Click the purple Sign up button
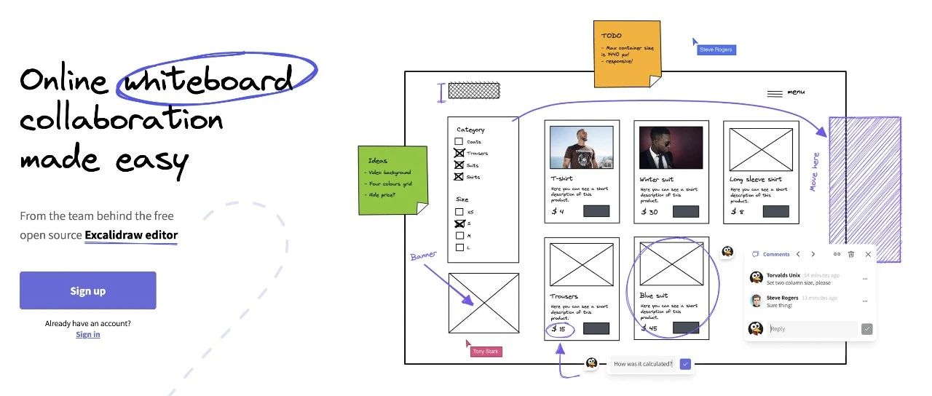pyautogui.click(x=87, y=290)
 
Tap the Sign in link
pyautogui.click(x=88, y=334)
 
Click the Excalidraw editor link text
pyautogui.click(x=131, y=235)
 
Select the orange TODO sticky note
pyautogui.click(x=626, y=54)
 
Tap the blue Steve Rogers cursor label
pyautogui.click(x=716, y=49)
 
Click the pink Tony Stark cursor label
pyautogui.click(x=486, y=352)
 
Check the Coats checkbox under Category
pyautogui.click(x=459, y=142)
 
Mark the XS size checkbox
pyautogui.click(x=459, y=212)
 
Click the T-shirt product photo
pyautogui.click(x=581, y=148)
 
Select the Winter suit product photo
pyautogui.click(x=671, y=148)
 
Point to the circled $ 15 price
pyautogui.click(x=559, y=329)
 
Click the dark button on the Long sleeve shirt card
pyautogui.click(x=775, y=211)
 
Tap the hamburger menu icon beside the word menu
pyautogui.click(x=775, y=93)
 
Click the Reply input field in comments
pyautogui.click(x=811, y=329)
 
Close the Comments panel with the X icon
pyautogui.click(x=868, y=254)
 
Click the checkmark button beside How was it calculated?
pyautogui.click(x=685, y=364)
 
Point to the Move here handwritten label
pyautogui.click(x=815, y=172)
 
